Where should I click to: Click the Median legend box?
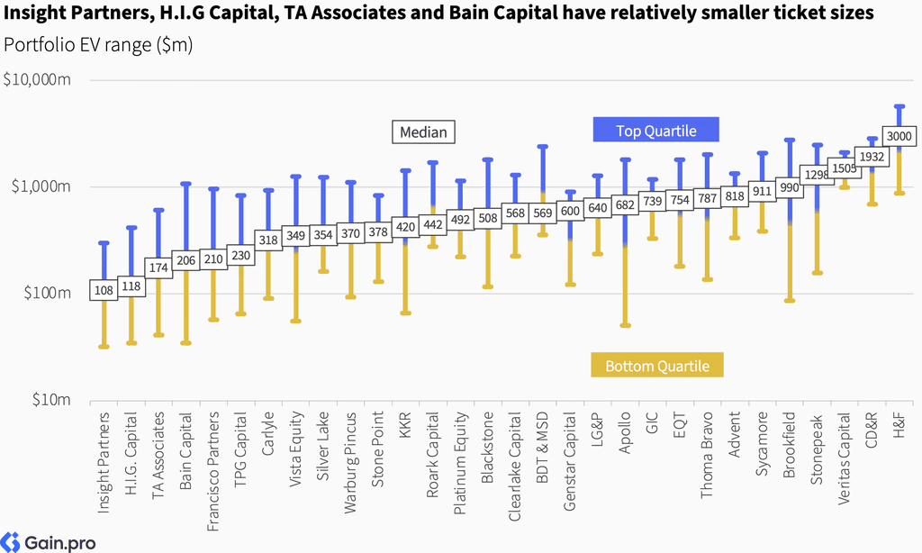[423, 131]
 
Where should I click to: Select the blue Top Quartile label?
[655, 130]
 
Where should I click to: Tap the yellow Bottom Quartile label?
[656, 366]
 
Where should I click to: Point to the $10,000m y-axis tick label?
[37, 79]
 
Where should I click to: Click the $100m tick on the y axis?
[47, 293]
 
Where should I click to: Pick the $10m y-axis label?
[51, 400]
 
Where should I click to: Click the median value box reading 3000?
[899, 137]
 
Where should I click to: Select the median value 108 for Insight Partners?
[104, 290]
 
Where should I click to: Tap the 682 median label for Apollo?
[625, 204]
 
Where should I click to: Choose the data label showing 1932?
[872, 157]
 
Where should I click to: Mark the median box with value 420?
[405, 227]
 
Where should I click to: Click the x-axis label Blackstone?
[487, 448]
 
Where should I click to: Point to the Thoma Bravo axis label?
[707, 456]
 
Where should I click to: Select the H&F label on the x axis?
[899, 425]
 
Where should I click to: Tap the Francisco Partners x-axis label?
[212, 471]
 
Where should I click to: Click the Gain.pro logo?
[49, 542]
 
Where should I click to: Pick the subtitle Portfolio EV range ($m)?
[98, 45]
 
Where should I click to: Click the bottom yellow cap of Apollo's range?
[625, 325]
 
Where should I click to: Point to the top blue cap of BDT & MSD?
[543, 147]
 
